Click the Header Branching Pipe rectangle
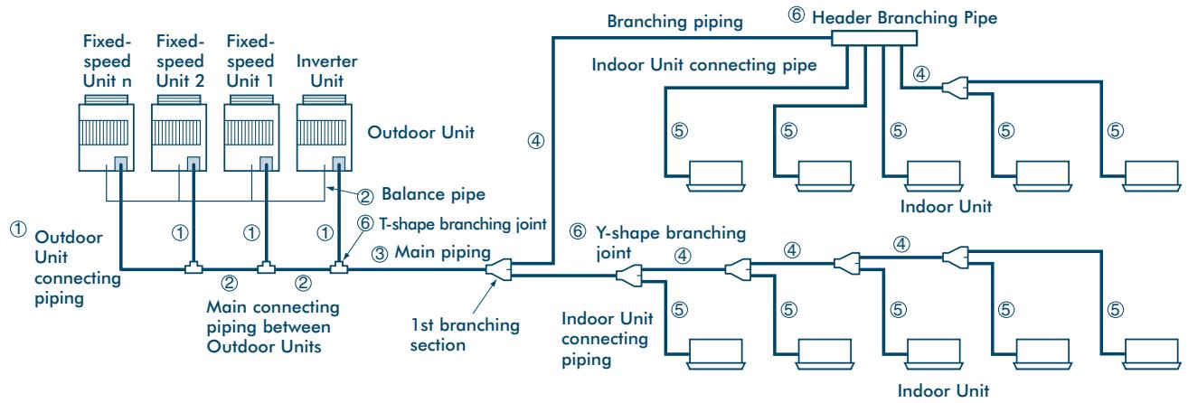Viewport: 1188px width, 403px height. (873, 38)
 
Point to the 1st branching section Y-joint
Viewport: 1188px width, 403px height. (498, 269)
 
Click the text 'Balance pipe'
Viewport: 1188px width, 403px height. (433, 194)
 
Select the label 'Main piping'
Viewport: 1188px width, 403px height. (442, 252)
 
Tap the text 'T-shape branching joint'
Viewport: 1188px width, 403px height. (463, 224)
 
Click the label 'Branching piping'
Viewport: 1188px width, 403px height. (674, 21)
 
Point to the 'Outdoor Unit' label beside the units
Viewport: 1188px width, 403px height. (420, 132)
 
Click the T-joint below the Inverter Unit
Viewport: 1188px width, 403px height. (339, 267)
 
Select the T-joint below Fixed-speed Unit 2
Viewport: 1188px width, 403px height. (193, 267)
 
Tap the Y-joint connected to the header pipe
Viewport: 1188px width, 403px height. (955, 88)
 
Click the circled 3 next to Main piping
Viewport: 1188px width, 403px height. (379, 254)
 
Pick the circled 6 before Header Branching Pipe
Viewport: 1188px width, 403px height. (796, 14)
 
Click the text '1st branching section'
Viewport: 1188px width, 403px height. (465, 334)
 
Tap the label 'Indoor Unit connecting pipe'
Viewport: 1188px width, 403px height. (703, 65)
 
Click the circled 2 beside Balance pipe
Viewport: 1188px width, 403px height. (365, 197)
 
